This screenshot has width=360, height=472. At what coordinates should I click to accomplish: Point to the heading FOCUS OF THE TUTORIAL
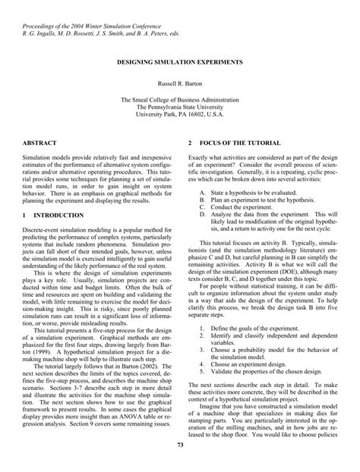239,143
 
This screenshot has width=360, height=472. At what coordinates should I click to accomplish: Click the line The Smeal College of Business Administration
180,99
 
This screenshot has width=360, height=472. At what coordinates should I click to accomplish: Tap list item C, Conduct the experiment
236,208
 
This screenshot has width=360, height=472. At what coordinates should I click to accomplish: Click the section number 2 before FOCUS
190,143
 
